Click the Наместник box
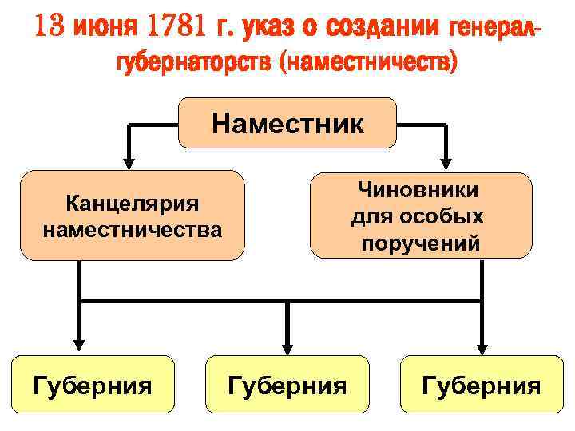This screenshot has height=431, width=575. pos(287,123)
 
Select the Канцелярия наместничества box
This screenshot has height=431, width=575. pos(132,215)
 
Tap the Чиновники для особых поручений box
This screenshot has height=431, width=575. pos(420,215)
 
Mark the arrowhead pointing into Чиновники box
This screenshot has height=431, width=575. pos(446,163)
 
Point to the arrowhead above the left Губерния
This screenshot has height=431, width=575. pos(79,346)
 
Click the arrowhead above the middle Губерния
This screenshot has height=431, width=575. pos(287,346)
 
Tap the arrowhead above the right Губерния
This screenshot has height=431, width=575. pos(482,346)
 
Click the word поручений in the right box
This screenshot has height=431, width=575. pos(420,243)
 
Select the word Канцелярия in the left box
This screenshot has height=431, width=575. pos(132,204)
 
